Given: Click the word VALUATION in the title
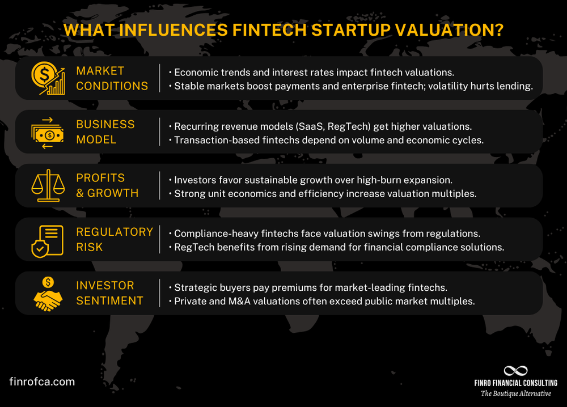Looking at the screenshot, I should (x=442, y=30).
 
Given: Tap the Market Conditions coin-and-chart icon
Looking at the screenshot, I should (x=47, y=78).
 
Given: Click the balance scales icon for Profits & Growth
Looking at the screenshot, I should (x=47, y=185).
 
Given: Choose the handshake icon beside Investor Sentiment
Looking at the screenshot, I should (x=47, y=293).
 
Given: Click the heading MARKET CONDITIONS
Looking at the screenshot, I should (x=112, y=78).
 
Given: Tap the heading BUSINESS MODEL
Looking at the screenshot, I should (x=105, y=132).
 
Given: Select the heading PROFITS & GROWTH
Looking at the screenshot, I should (x=108, y=185).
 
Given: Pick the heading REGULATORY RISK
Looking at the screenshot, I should (x=115, y=239).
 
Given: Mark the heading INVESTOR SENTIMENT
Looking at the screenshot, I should (x=110, y=293).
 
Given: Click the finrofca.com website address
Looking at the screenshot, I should (x=43, y=381).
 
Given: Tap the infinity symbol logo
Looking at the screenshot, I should (x=515, y=371).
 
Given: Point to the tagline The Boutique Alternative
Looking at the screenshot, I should (x=515, y=393).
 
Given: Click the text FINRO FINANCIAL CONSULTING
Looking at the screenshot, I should (x=515, y=383).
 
